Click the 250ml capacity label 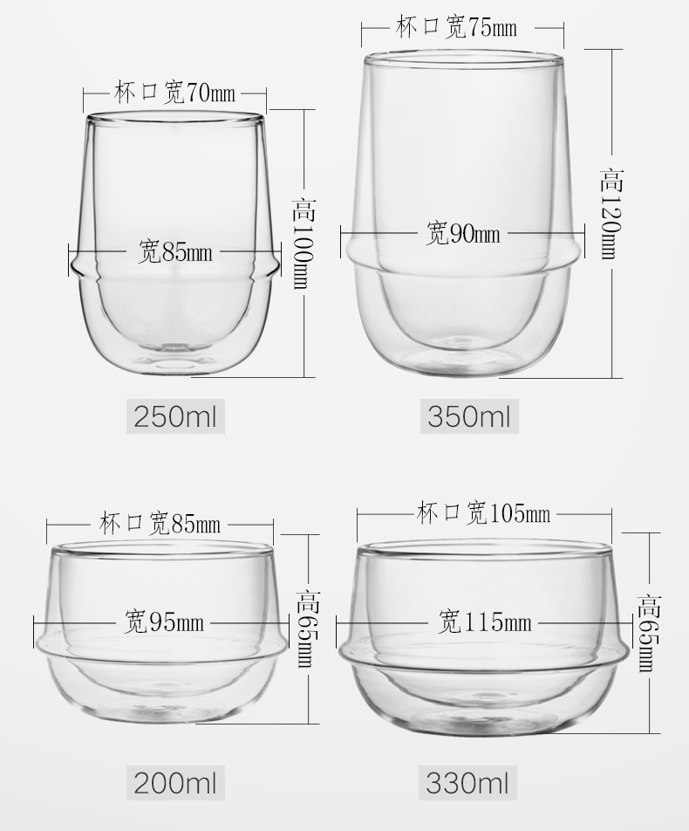175,416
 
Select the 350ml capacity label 469,416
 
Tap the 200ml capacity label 175,783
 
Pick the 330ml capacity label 467,783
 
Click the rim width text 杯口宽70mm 174,93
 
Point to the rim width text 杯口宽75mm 456,27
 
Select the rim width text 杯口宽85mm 160,524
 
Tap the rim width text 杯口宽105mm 483,513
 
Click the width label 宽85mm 174,251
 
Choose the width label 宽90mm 463,233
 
